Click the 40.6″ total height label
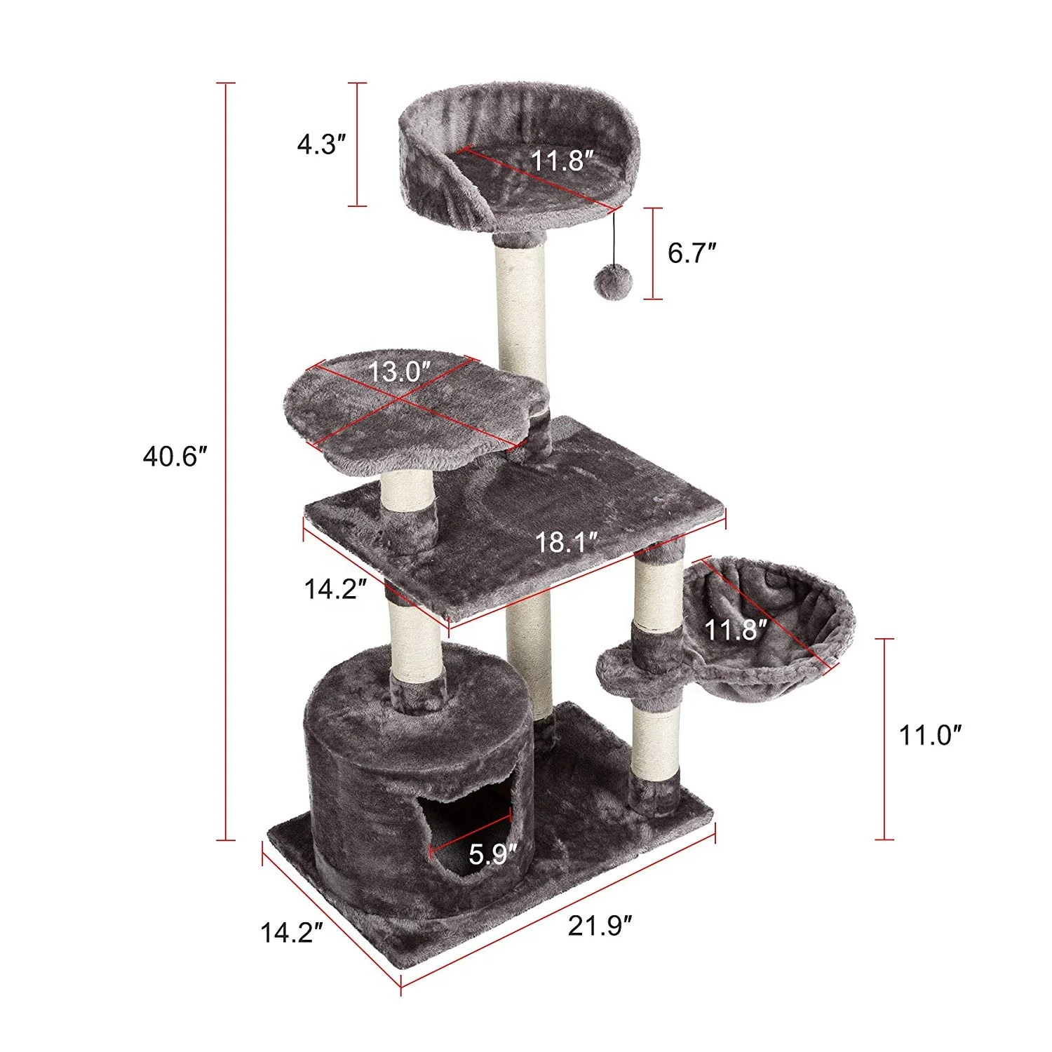click(175, 457)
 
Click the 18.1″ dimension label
click(567, 541)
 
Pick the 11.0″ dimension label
click(930, 736)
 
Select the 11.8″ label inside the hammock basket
click(734, 630)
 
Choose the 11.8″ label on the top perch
click(558, 161)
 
